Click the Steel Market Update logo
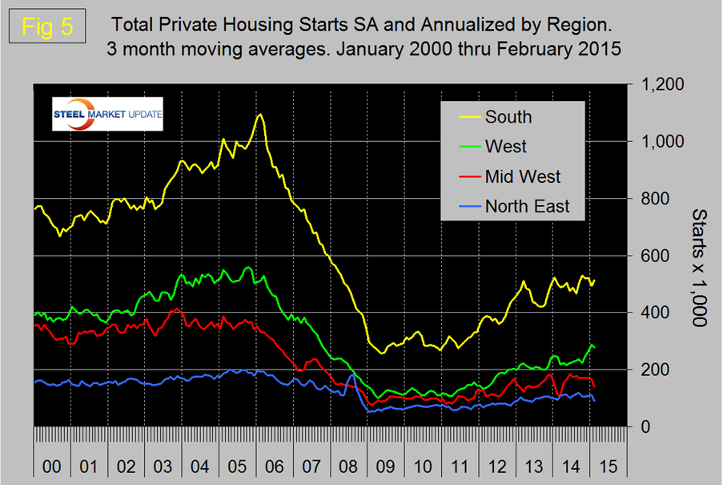point(107,114)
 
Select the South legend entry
point(508,116)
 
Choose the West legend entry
point(504,147)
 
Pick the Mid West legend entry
point(522,176)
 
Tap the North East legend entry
point(527,206)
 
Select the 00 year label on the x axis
point(51,465)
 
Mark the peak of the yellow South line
point(260,115)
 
